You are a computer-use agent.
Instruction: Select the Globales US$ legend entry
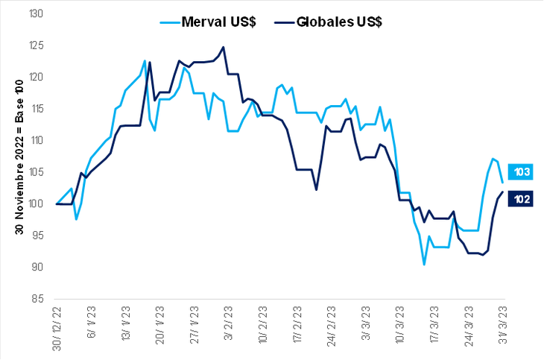click(x=332, y=22)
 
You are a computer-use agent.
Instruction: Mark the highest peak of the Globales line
click(x=224, y=48)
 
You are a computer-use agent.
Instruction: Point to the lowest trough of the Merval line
click(x=424, y=265)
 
